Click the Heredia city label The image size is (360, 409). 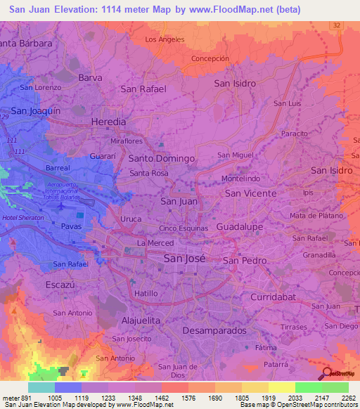pyautogui.click(x=109, y=122)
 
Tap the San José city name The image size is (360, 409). pyautogui.click(x=184, y=258)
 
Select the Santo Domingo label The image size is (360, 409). pyautogui.click(x=161, y=159)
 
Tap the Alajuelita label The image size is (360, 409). pyautogui.click(x=141, y=320)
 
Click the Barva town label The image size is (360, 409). pyautogui.click(x=91, y=77)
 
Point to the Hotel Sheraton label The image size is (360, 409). pyautogui.click(x=23, y=219)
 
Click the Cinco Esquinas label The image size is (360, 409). pyautogui.click(x=184, y=228)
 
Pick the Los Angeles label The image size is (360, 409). pyautogui.click(x=165, y=39)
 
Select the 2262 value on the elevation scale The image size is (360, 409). pyautogui.click(x=347, y=398)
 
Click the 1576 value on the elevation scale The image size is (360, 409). pyautogui.click(x=189, y=398)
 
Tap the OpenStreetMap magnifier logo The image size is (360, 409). pyautogui.click(x=327, y=374)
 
